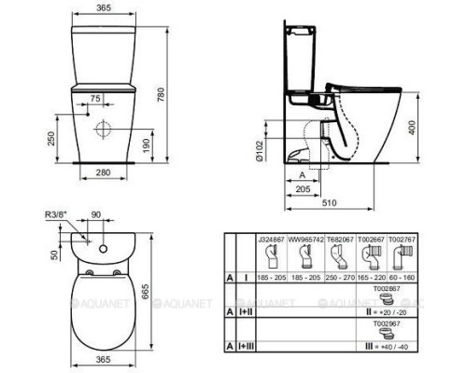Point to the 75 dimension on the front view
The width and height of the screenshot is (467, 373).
(x=96, y=98)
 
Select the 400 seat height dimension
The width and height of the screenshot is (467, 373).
(x=413, y=126)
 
